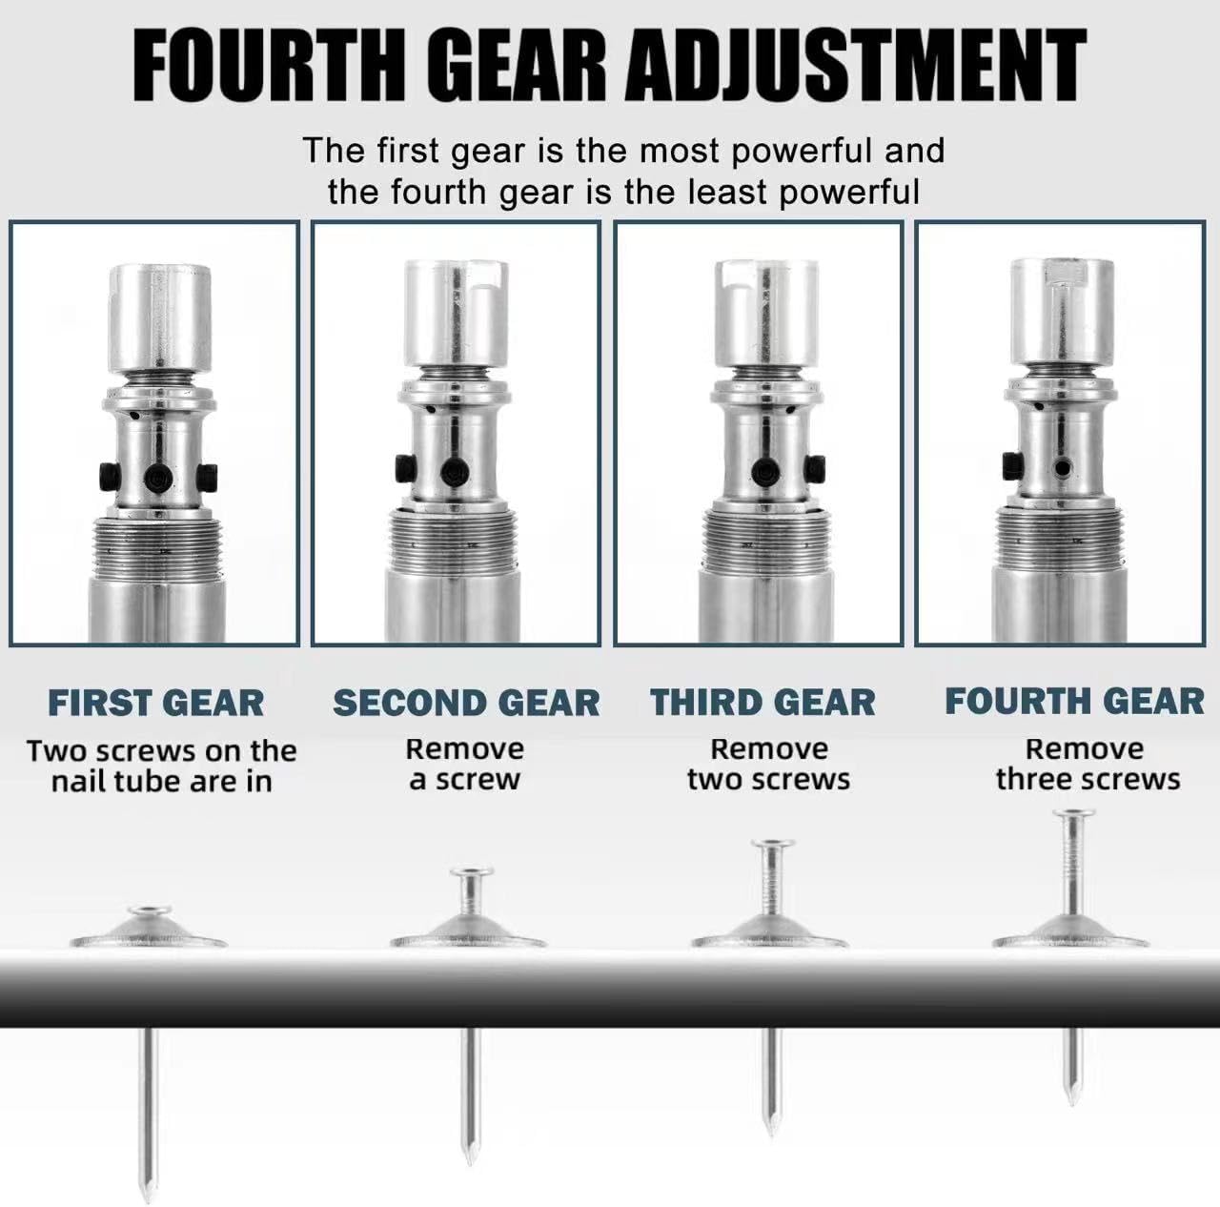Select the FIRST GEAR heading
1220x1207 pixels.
pos(155,704)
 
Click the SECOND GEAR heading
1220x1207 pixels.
pos(467,704)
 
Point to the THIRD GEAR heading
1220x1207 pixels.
pos(762,702)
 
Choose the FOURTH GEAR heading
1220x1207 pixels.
pos(1074,702)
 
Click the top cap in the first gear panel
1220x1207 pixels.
pos(159,318)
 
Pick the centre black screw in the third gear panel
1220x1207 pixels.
pos(765,472)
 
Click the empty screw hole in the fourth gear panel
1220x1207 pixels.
pos(1063,468)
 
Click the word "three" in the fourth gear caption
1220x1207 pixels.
pos(1031,780)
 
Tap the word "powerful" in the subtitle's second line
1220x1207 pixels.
pos(849,192)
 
